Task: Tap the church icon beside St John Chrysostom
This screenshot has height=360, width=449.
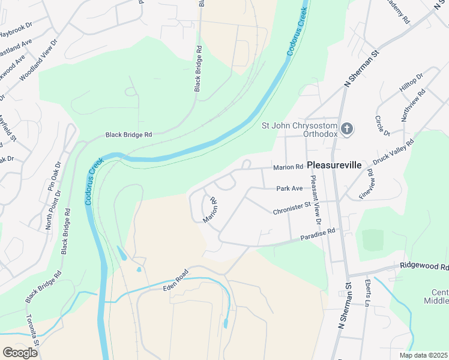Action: pyautogui.click(x=347, y=128)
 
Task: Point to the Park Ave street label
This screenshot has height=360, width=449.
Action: pyautogui.click(x=289, y=188)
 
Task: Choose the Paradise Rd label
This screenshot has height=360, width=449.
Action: pyautogui.click(x=317, y=235)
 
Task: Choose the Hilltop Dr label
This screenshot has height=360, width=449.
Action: pyautogui.click(x=411, y=83)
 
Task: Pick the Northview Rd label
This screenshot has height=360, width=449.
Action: pyautogui.click(x=414, y=106)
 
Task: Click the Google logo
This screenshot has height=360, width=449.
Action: pyautogui.click(x=20, y=352)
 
